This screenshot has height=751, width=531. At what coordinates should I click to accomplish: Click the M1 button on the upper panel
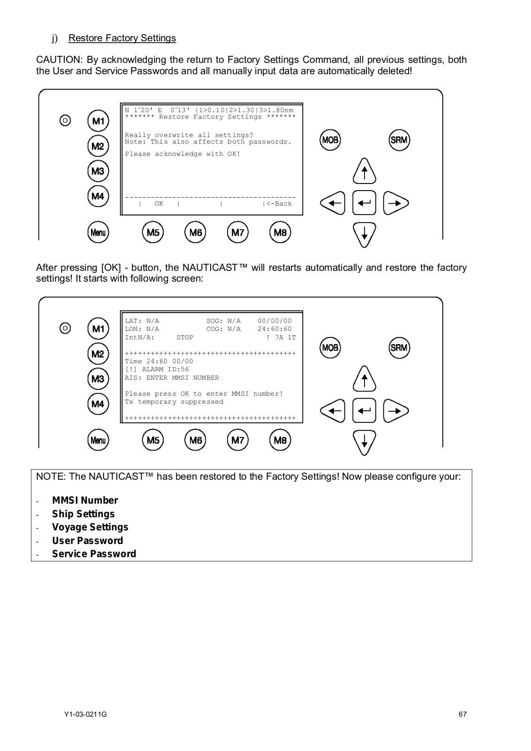click(98, 121)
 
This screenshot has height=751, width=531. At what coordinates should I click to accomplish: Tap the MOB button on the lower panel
click(330, 348)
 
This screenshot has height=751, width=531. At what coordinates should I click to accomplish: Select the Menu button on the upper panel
click(98, 232)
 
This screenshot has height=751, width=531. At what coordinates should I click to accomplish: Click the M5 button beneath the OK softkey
click(152, 232)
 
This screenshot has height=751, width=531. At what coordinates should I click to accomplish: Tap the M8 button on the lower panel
click(280, 440)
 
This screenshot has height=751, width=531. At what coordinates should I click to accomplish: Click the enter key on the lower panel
click(364, 411)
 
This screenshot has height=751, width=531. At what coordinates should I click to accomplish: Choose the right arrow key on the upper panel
click(395, 203)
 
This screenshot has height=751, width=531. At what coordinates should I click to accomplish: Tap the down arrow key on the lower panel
click(364, 443)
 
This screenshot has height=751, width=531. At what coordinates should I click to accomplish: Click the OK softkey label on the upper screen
click(159, 204)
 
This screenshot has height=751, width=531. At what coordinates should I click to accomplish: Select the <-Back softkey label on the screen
click(279, 204)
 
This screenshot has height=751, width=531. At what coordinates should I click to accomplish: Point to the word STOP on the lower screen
click(185, 337)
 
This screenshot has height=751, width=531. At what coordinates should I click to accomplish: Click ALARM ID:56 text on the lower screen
click(165, 369)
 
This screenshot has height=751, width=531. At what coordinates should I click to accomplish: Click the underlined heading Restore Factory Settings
click(122, 38)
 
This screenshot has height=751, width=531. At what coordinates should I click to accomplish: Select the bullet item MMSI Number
click(85, 500)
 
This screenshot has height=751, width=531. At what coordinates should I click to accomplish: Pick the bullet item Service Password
click(94, 554)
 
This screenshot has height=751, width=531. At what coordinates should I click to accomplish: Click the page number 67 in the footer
click(463, 714)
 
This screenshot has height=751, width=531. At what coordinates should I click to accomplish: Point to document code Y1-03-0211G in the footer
click(85, 714)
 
